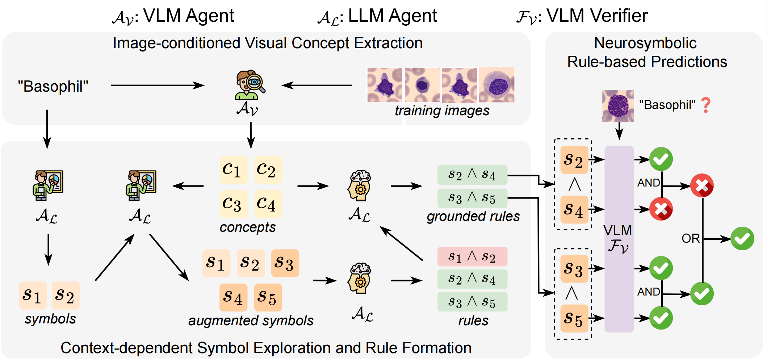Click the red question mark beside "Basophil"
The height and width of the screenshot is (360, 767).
tap(706, 105)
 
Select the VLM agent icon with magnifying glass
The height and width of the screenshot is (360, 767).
tap(250, 85)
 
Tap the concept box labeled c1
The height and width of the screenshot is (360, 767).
tap(234, 169)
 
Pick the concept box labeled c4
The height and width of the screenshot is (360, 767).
tap(268, 204)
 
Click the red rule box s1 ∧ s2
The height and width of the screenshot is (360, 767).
tap(472, 257)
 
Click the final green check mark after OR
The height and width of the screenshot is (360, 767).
tap(742, 239)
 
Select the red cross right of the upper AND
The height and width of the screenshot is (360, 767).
tap(702, 186)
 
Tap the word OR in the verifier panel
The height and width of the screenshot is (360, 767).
tap(691, 239)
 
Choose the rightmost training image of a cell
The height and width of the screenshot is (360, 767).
tap(496, 85)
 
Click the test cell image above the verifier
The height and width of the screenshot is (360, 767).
tap(618, 105)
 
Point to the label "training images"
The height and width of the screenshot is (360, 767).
tap(442, 111)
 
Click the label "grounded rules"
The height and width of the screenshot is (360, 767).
tap(473, 216)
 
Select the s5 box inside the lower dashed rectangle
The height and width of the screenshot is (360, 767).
tap(574, 318)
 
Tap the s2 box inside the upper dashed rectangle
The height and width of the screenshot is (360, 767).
tap(574, 160)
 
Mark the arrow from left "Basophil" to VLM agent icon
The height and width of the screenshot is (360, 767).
tap(157, 85)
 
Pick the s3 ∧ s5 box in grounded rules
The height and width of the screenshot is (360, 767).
tap(472, 198)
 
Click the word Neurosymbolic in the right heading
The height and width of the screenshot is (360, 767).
tap(645, 43)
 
